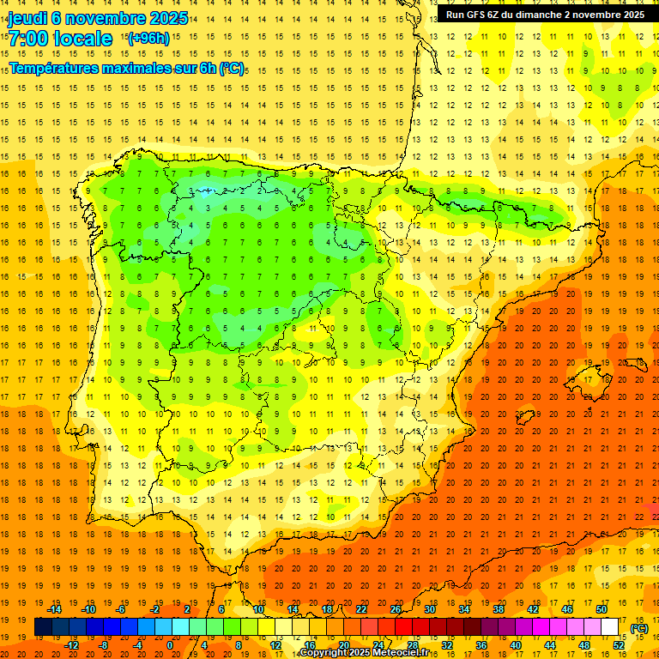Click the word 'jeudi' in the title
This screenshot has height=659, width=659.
point(30,18)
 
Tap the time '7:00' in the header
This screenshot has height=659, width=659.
point(27,39)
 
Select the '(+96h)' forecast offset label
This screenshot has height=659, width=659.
point(148,39)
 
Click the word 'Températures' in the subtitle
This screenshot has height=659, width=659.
point(57,67)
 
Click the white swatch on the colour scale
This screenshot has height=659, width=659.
point(610,627)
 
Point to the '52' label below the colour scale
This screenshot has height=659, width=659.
point(619,645)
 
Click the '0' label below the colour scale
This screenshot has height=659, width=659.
point(170,645)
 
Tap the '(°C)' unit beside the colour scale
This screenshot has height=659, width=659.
point(638,627)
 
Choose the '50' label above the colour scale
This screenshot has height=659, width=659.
point(602,609)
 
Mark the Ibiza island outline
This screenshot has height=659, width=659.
point(529,418)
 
